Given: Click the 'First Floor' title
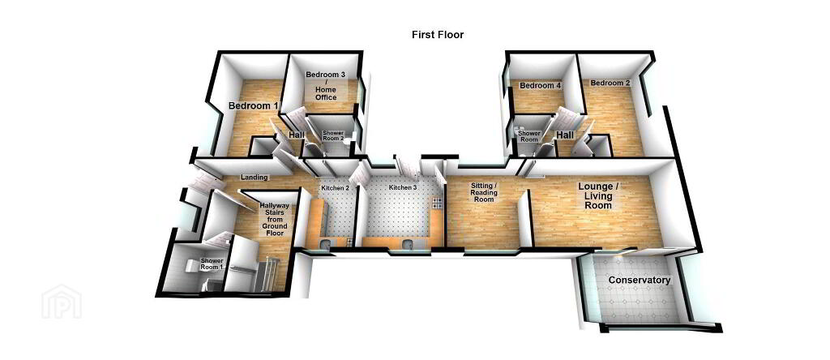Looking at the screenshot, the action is [438, 35].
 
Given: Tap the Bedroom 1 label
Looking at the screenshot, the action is [254, 106].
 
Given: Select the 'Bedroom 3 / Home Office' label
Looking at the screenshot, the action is [326, 86].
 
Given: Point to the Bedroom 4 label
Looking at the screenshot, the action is [540, 85].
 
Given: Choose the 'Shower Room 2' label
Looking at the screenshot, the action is [333, 135].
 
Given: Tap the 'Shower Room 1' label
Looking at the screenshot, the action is [212, 264].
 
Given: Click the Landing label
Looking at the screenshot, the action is [254, 178].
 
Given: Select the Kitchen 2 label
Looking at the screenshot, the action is [336, 188].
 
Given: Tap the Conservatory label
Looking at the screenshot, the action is [640, 280].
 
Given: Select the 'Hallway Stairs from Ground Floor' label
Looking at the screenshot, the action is [274, 219].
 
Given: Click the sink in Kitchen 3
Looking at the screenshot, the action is [409, 244].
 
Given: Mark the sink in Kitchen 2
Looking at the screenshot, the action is [324, 244].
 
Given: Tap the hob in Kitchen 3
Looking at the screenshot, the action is [437, 202].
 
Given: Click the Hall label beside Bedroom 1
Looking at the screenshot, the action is [297, 135].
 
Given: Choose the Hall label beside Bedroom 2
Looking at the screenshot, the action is [565, 135].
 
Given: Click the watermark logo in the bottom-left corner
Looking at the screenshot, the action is [62, 302].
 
